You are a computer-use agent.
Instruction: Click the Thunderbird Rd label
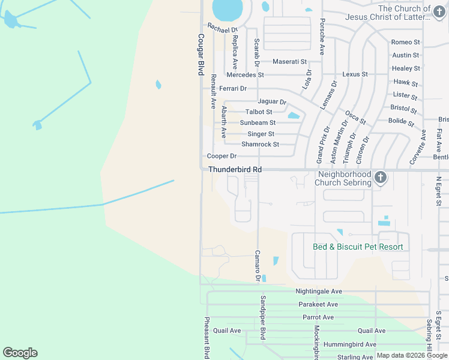(235, 170)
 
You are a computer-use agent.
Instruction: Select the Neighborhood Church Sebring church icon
(380, 178)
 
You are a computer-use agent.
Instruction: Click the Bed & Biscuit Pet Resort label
(358, 247)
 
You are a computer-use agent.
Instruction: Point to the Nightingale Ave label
(318, 292)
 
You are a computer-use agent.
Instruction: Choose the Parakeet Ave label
(318, 304)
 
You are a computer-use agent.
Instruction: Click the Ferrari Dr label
(233, 89)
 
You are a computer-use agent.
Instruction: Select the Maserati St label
(289, 62)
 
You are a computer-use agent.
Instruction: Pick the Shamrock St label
(260, 145)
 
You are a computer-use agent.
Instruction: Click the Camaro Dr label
(258, 266)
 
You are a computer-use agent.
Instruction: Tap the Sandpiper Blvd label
(262, 317)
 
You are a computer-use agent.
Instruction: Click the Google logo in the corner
(20, 353)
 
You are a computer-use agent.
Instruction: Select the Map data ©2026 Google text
(412, 356)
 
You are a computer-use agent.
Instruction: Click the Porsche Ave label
(322, 36)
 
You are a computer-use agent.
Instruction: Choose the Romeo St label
(405, 43)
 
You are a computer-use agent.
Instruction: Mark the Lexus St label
(354, 74)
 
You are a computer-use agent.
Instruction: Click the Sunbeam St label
(258, 123)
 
